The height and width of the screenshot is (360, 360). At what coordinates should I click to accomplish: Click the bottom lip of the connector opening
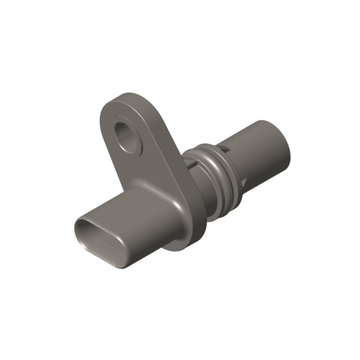point(105,256)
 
